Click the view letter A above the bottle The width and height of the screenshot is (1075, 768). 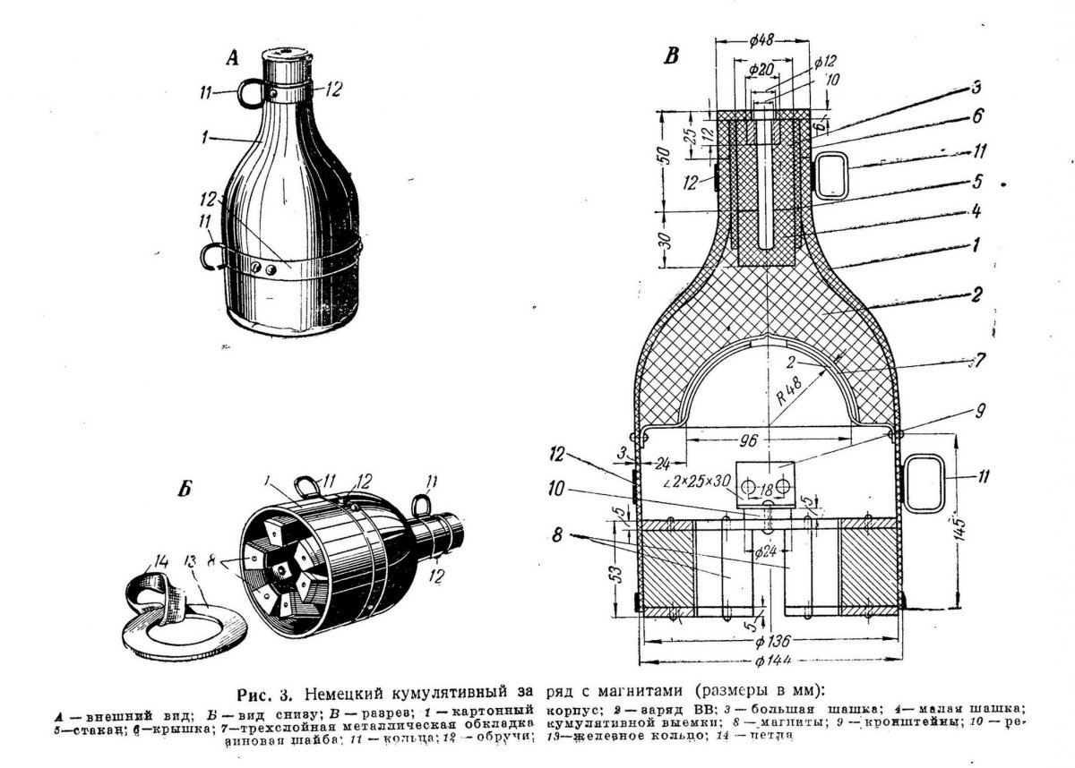232,60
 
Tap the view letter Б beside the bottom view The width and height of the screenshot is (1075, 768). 185,490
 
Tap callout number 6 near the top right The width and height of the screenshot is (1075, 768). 978,115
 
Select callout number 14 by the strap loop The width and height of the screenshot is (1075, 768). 160,562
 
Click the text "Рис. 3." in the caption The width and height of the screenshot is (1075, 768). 265,695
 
